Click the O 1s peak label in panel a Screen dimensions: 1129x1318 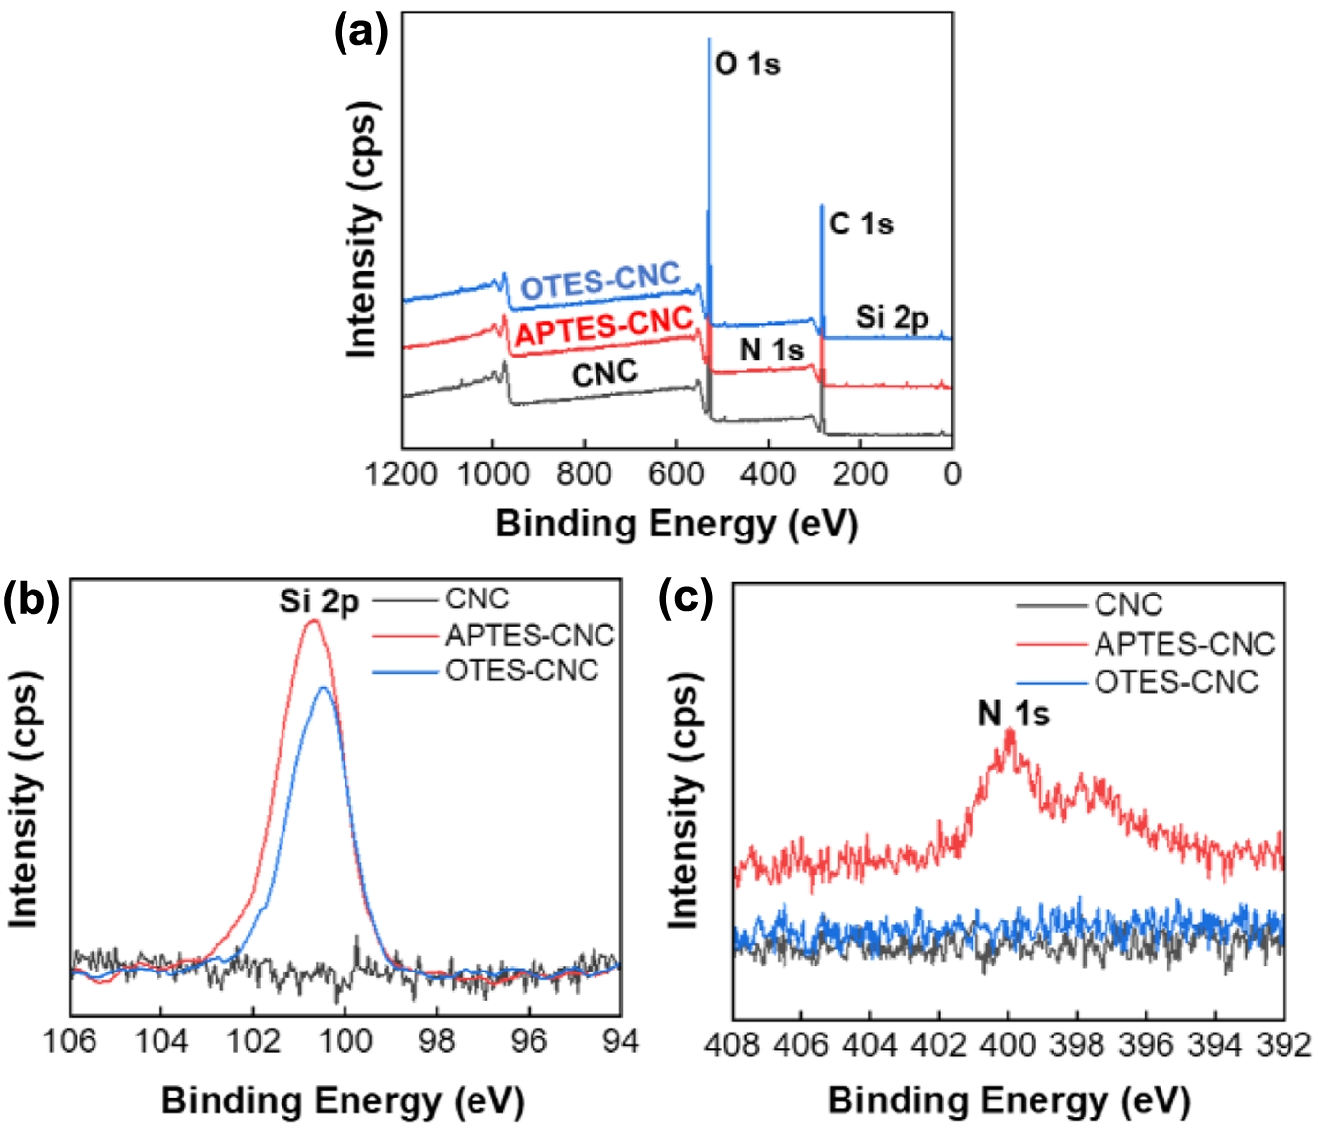click(x=747, y=64)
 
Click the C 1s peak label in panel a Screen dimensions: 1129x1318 click(x=861, y=224)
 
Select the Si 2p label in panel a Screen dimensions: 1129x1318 click(x=892, y=317)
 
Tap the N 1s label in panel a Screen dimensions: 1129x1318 click(x=772, y=349)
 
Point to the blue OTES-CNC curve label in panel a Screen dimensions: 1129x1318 click(x=600, y=282)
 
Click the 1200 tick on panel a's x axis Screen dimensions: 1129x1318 click(x=402, y=474)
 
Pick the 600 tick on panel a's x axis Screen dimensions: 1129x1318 click(x=676, y=474)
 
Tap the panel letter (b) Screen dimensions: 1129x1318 click(x=31, y=598)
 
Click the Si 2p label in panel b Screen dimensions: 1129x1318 click(x=319, y=601)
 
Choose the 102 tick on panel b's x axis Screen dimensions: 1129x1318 click(x=253, y=1041)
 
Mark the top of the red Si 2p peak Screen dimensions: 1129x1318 click(x=314, y=620)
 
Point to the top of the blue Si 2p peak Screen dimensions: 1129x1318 click(x=324, y=687)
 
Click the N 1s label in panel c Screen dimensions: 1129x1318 click(x=1014, y=714)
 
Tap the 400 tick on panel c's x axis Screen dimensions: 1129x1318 click(x=1008, y=1044)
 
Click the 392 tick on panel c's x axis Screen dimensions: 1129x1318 click(x=1284, y=1044)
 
